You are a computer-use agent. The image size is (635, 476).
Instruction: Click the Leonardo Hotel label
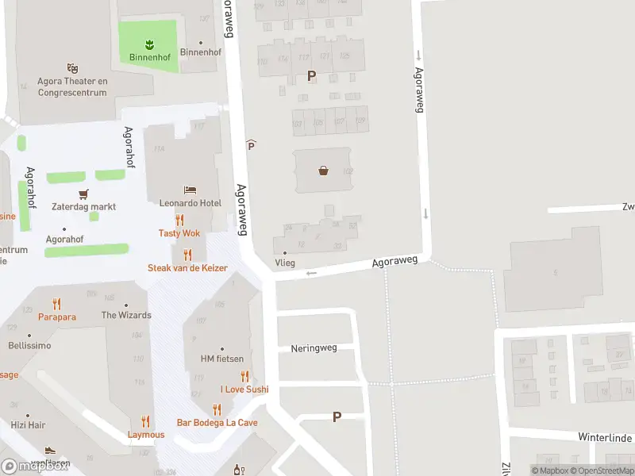[x=190, y=203]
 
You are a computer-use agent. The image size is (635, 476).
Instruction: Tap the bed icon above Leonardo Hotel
[x=190, y=190]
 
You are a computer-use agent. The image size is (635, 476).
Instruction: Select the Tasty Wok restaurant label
[x=179, y=233]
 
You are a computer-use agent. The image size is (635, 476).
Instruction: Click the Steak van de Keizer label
[x=187, y=268]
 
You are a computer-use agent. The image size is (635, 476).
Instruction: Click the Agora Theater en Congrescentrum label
[x=72, y=86]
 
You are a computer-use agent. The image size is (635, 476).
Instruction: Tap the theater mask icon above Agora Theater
[x=72, y=69]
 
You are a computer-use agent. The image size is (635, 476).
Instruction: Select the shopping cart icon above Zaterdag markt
[x=83, y=194]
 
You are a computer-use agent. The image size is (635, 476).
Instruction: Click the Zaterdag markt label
[x=83, y=206]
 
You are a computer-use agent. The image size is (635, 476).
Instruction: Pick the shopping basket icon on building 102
[x=323, y=170]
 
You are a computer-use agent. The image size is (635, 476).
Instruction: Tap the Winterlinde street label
[x=604, y=438]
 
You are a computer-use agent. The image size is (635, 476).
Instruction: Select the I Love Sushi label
[x=244, y=389]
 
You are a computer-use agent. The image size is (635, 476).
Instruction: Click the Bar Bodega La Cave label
[x=217, y=423]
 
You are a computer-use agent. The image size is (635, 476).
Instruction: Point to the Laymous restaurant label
[x=146, y=435]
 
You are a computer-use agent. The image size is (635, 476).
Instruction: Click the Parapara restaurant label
[x=56, y=317]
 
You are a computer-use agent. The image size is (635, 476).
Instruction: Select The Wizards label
[x=126, y=315]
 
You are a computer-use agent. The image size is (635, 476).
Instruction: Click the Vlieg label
[x=284, y=263]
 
